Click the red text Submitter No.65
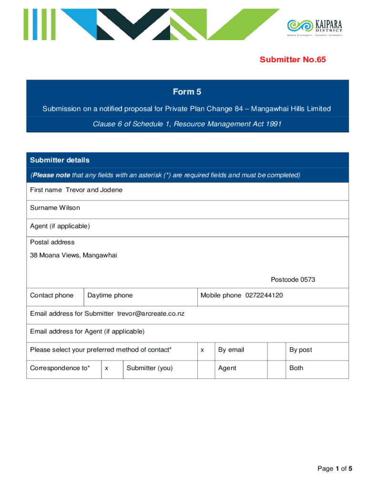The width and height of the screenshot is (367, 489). [x=293, y=60]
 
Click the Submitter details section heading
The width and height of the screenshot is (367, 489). [x=60, y=160]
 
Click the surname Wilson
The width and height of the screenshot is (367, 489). [x=70, y=208]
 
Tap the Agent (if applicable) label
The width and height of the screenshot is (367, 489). [x=60, y=226]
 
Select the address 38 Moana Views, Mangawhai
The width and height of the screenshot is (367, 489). [x=73, y=255]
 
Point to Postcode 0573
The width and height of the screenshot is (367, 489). [x=293, y=279]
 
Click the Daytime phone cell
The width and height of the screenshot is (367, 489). [x=110, y=295]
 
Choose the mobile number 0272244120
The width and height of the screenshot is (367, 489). [x=264, y=295]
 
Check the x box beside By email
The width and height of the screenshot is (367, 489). [x=203, y=350]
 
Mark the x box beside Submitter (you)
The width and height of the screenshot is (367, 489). [x=107, y=368]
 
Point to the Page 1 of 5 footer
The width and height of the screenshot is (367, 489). [x=335, y=469]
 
